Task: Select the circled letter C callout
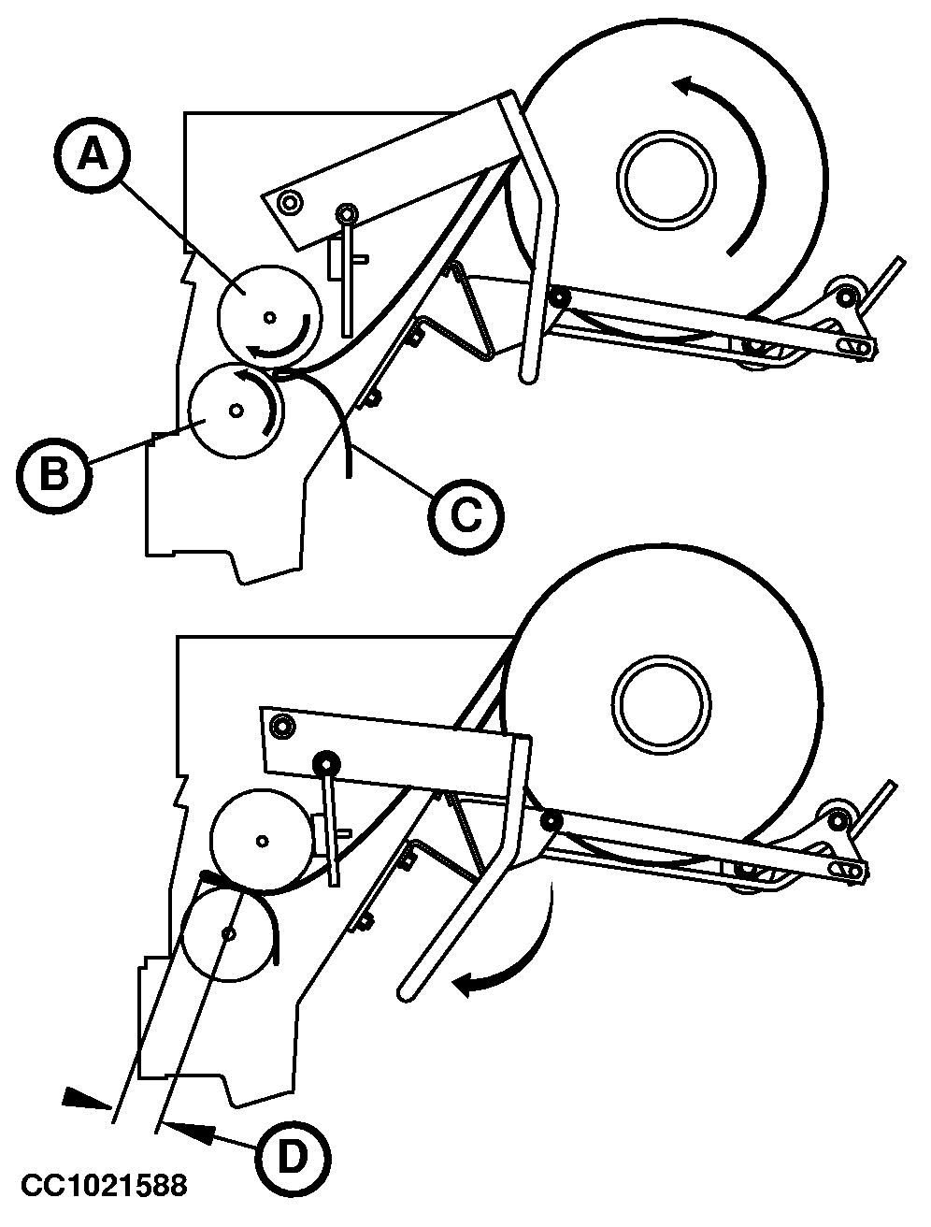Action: (x=465, y=516)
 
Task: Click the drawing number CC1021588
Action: (x=104, y=1185)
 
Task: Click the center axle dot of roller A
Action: (x=270, y=318)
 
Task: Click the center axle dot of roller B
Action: (x=236, y=411)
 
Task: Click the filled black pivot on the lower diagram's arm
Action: (x=326, y=762)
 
